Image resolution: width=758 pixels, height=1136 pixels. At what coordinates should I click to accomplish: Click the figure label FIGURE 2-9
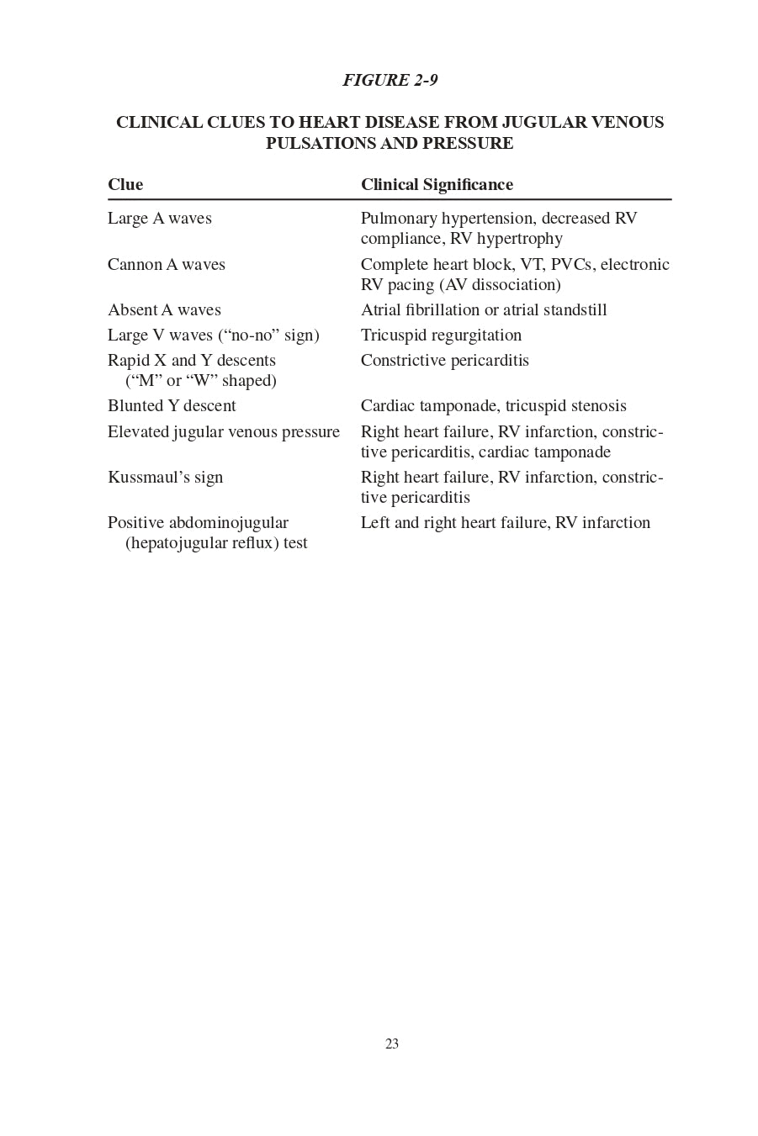coord(390,81)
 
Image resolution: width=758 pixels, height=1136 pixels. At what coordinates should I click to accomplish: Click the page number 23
coord(392,1044)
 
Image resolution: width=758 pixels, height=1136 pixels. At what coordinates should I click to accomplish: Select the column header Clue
coord(125,185)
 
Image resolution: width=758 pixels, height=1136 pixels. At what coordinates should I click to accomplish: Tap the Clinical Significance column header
coord(437,185)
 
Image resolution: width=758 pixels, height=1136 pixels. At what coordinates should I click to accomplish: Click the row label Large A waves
coord(160,219)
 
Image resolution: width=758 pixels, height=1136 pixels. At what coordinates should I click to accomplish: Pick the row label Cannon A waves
coord(167,265)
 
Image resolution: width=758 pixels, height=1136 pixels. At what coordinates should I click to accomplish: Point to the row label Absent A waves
coord(164,310)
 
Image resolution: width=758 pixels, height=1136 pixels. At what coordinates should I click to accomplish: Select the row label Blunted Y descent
coord(172,406)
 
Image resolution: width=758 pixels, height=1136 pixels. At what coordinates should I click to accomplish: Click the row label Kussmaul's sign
coord(165,478)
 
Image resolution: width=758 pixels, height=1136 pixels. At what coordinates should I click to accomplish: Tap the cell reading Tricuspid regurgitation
coord(441,336)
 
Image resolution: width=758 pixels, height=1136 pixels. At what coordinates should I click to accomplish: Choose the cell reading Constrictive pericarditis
coord(444,361)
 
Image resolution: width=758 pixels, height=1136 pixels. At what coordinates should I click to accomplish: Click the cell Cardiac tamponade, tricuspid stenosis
coord(493,406)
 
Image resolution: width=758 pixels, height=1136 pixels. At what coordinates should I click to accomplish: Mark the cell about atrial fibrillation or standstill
coord(484,310)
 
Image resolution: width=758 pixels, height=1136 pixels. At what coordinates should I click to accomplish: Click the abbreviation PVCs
coord(572,265)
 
